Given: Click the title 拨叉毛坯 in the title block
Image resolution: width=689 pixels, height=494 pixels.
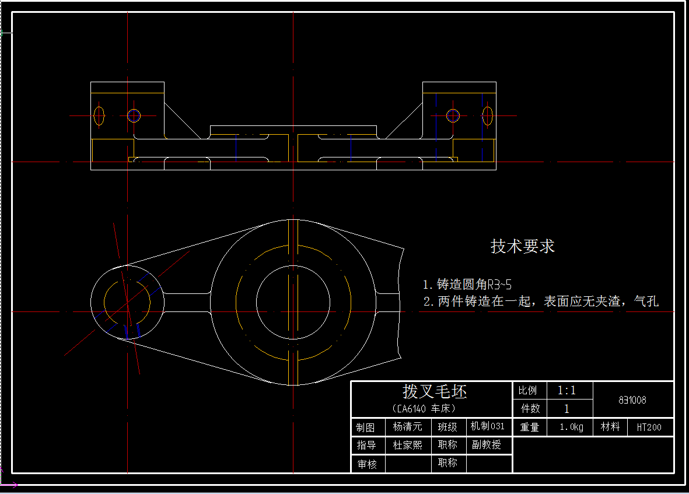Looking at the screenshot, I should pos(435,391).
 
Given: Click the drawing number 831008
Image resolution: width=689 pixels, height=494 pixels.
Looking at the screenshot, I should pos(632,400).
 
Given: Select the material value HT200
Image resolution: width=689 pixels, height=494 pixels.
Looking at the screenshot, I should pos(649,427).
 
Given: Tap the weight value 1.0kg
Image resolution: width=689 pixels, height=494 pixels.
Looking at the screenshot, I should pos(571,427).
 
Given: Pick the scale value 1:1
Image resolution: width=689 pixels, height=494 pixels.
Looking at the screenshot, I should pos(566,390).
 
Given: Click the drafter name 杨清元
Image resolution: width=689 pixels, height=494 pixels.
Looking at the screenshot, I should pos(407,427).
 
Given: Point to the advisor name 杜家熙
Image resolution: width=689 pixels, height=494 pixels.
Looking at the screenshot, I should pos(407,445).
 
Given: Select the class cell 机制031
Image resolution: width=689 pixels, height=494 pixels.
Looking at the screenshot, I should pos(488,426).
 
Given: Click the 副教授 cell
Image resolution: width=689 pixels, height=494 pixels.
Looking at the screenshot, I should pos(487,444).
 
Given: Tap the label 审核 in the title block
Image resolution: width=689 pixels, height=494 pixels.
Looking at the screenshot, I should pos(367,464).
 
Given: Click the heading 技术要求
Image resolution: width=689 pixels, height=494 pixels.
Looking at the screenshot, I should pos(522,246).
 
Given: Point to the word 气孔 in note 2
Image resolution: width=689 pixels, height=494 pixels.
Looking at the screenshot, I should pos(646,302).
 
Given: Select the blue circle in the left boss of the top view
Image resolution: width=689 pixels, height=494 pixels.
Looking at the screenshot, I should pos(134,115).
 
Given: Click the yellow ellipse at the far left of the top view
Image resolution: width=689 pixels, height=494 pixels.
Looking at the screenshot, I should pos(99,115).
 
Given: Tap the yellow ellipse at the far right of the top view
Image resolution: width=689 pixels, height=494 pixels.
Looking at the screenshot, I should pos(487,115).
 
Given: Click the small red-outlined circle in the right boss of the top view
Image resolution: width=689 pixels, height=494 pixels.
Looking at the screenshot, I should pos(453,115).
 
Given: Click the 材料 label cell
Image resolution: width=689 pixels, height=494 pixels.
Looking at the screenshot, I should pos(610,427).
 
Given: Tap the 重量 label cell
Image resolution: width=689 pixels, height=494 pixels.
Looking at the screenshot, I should pos(529,427).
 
